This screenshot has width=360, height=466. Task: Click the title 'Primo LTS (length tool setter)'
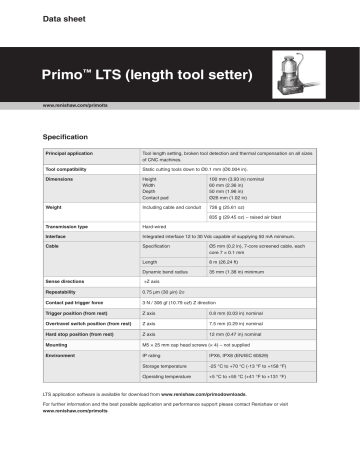(x=126, y=74)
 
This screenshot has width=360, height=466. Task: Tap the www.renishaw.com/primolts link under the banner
(x=76, y=105)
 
